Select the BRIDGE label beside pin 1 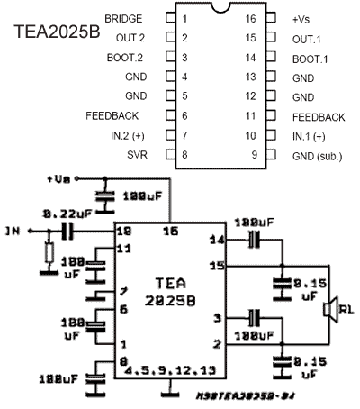[x=122, y=18]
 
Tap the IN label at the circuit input [x=12, y=232]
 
